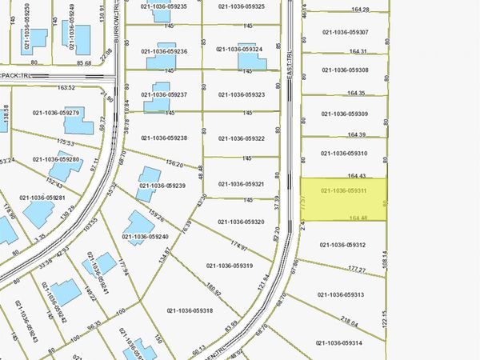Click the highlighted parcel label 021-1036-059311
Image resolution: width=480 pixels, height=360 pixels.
point(343,191)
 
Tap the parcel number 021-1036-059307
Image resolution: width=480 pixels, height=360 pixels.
point(345,32)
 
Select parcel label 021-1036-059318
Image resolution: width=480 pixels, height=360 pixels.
point(190,310)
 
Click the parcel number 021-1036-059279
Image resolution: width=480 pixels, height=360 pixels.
point(56,113)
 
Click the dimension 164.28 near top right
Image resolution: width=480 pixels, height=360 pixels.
point(360,10)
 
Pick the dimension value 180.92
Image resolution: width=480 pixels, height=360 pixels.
point(212,286)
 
